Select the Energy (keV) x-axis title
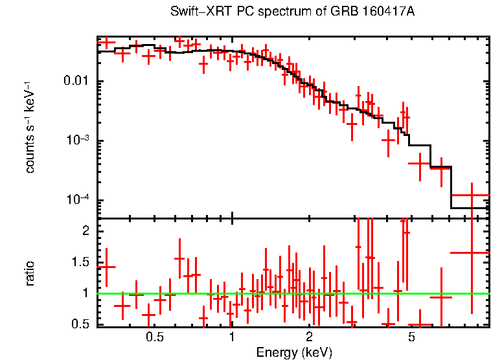294,352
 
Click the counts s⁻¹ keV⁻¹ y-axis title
30,127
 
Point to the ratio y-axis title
30,273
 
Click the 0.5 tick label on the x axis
154,337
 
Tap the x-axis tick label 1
232,337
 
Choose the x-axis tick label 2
310,337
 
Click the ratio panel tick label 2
84,231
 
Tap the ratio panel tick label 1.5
80,262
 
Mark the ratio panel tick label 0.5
80,324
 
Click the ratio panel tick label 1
84,293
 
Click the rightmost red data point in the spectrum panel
471,195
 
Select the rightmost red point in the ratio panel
471,253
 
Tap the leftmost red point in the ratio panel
106,267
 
